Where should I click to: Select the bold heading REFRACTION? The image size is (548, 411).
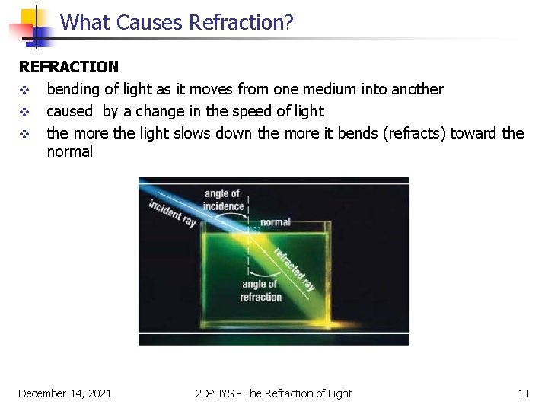68,68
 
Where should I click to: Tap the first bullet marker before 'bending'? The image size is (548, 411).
24,90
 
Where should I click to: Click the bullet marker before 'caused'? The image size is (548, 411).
24,112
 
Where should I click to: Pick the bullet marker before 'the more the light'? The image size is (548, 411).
24,134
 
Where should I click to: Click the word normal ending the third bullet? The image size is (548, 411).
69,151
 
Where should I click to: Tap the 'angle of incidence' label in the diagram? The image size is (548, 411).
223,200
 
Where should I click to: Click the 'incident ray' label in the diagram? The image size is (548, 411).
172,212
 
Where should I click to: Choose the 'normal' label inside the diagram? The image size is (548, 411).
275,222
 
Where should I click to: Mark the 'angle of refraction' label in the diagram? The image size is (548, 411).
260,291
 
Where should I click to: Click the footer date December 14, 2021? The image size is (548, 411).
65,393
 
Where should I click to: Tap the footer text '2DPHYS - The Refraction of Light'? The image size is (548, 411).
273,393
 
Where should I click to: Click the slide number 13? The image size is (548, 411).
523,393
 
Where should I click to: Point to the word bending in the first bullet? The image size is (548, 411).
74,90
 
